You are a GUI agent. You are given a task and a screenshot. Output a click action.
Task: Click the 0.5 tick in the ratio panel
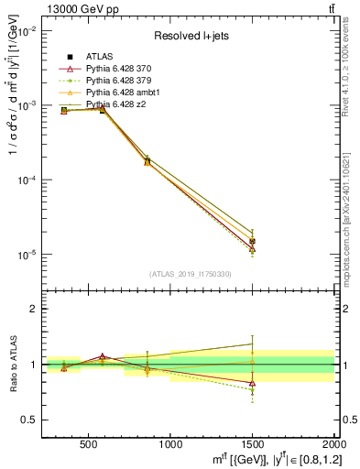point(30,420)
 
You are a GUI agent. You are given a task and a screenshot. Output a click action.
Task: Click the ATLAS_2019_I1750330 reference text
point(189,274)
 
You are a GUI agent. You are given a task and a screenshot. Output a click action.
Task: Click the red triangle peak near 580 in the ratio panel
point(103,355)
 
